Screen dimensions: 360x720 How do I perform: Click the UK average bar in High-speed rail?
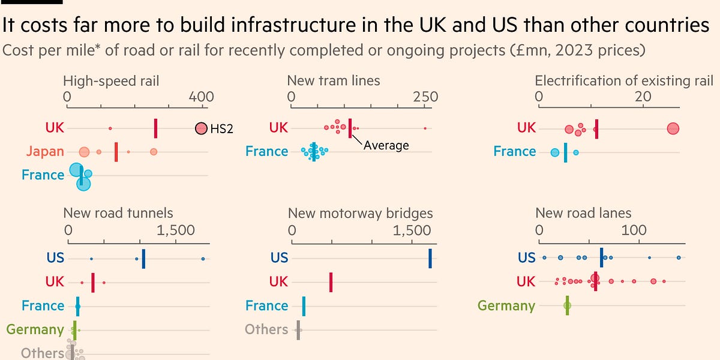point(155,128)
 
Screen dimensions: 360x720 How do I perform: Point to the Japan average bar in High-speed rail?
point(116,152)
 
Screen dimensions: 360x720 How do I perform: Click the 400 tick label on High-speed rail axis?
point(201,97)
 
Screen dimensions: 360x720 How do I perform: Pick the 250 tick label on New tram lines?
point(425,97)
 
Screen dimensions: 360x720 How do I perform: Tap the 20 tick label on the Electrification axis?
point(644,97)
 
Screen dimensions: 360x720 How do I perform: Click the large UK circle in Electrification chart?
point(673,128)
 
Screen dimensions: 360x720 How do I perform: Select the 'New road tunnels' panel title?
point(118,213)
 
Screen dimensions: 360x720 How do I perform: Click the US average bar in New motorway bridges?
point(430,258)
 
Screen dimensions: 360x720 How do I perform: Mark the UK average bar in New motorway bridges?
point(331,281)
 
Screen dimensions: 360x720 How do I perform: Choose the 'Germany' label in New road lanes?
point(506,305)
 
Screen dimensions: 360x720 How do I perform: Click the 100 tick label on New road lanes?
point(634,230)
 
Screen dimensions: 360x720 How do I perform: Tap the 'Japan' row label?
point(45,151)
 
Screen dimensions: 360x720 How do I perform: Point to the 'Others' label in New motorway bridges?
point(266,329)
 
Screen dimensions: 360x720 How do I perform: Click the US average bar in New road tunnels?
point(143,258)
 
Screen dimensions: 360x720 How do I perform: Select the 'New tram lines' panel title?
point(334,80)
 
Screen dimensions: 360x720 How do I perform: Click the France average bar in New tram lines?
point(313,152)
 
